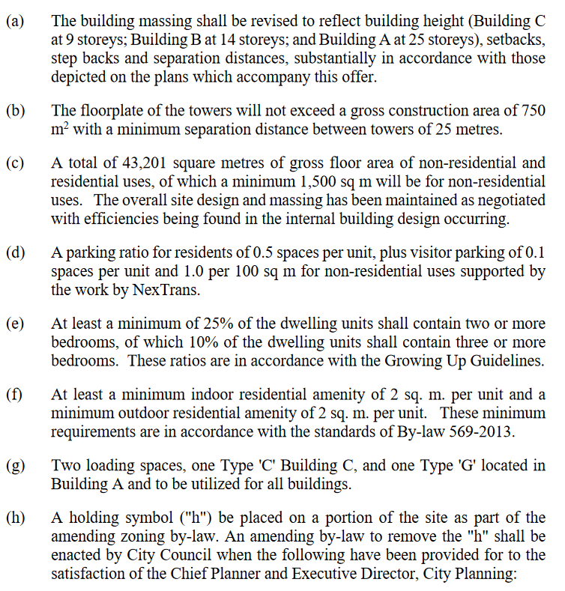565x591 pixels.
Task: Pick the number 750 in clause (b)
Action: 531,110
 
